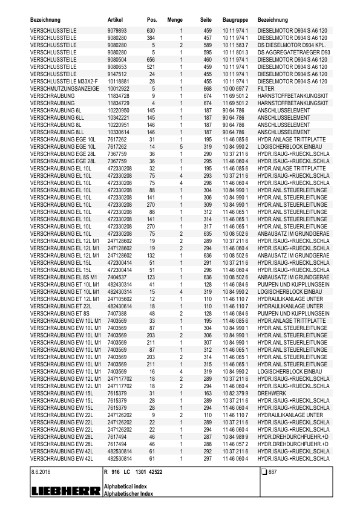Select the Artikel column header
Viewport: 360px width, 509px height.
pyautogui.click(x=116, y=20)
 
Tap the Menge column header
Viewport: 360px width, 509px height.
pyautogui.click(x=174, y=20)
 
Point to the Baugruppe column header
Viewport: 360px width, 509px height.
pyautogui.click(x=234, y=20)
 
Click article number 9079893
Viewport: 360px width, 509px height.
pyautogui.click(x=117, y=30)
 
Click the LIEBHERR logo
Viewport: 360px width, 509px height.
pyautogui.click(x=66, y=492)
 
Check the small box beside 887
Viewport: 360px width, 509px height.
pyautogui.click(x=264, y=472)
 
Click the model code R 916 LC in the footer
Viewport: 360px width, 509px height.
pyautogui.click(x=117, y=472)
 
